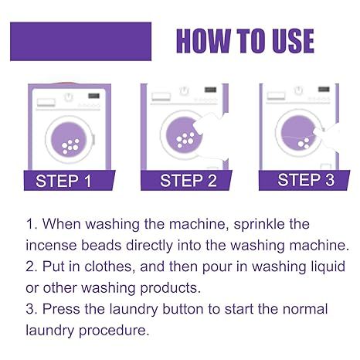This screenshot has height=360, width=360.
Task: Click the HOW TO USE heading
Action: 245,40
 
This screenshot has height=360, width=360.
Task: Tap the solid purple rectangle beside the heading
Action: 80,41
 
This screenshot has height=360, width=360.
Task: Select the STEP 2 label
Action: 185,182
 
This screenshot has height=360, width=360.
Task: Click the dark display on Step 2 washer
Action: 210,90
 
